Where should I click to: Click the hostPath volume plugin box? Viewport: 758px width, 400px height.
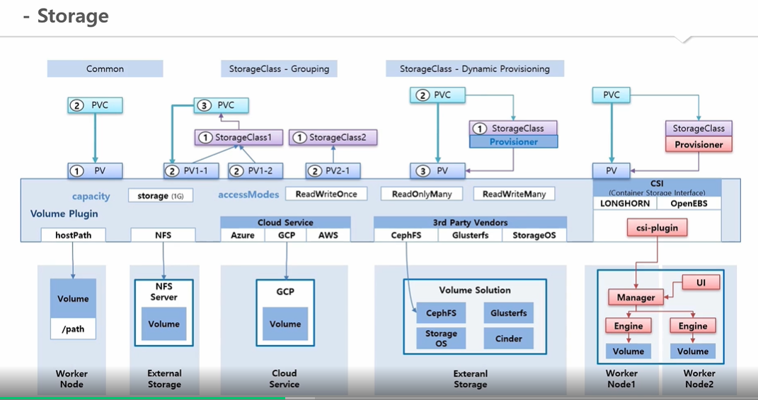click(x=73, y=235)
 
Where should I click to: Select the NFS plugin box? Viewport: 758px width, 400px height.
click(x=163, y=235)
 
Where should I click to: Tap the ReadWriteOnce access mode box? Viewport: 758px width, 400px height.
click(x=326, y=194)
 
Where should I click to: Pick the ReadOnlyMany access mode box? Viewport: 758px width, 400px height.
click(x=422, y=194)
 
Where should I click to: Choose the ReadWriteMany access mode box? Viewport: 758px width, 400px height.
click(x=514, y=194)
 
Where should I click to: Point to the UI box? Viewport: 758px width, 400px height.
click(x=701, y=282)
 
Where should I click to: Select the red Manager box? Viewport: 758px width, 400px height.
click(x=636, y=298)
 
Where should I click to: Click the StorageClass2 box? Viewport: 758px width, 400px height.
click(x=333, y=138)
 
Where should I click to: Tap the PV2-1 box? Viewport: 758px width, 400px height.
click(x=333, y=171)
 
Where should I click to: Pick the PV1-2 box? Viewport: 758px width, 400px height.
click(x=255, y=171)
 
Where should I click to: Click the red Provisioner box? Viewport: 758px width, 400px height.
click(x=699, y=144)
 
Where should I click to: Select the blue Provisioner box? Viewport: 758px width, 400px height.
click(x=513, y=141)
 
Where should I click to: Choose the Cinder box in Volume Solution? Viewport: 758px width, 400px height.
click(x=509, y=339)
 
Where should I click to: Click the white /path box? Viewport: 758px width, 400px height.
click(x=73, y=329)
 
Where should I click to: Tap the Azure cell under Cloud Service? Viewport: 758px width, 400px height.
click(x=243, y=235)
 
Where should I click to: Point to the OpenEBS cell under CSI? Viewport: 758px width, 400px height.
click(x=689, y=203)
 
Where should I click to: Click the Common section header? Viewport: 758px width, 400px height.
click(x=105, y=69)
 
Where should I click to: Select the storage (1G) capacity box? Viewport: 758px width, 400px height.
click(x=161, y=196)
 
